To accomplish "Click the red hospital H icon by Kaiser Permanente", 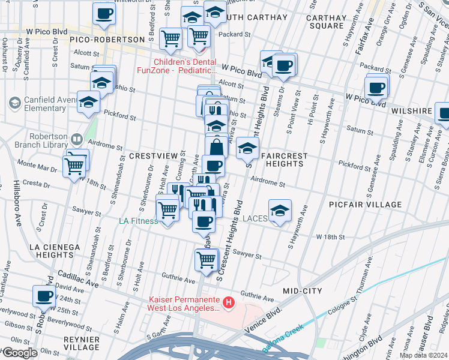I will pyautogui.click(x=228, y=304).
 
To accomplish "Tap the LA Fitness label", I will pyautogui.click(x=138, y=221).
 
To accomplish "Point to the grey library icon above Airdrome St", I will pyautogui.click(x=77, y=140).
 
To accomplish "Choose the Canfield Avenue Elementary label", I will pyautogui.click(x=45, y=104).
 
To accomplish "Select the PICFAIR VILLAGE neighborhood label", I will pyautogui.click(x=365, y=205).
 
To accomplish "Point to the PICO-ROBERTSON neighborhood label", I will pyautogui.click(x=107, y=40).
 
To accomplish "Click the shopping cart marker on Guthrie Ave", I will pyautogui.click(x=206, y=260).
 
